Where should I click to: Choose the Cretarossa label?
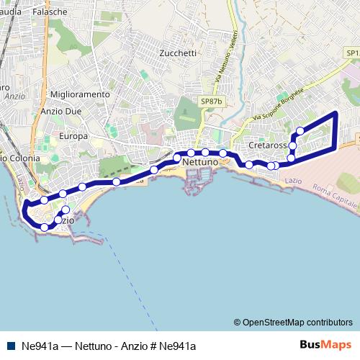click(268, 145)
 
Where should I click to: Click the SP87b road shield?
click(212, 102)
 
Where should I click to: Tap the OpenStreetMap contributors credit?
click(293, 323)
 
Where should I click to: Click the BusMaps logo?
click(326, 345)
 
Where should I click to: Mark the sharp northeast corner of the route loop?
click(336, 113)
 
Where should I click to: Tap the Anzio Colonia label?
click(20, 158)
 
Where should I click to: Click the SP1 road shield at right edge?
click(352, 53)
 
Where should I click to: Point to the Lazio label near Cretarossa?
click(293, 178)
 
